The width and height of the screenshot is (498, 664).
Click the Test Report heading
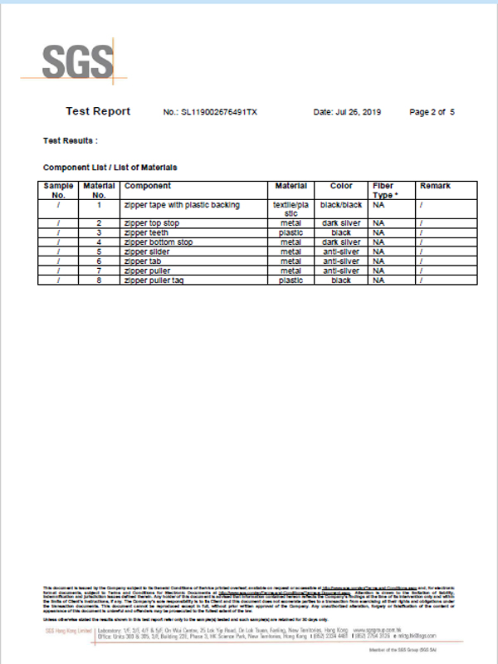point(98,110)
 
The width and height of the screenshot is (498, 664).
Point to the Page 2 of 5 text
point(432,111)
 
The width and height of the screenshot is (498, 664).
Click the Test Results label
point(71,140)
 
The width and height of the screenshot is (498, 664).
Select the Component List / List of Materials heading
point(110,168)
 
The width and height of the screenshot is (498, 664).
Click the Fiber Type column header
point(383,190)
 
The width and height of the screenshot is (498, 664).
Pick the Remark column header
point(435,186)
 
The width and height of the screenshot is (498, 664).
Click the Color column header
point(341,186)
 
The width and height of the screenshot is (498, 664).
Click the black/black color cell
point(341,204)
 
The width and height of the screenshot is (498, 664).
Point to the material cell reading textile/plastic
point(290,208)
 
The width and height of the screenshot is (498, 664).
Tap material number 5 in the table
point(99,251)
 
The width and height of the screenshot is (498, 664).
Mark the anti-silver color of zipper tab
point(341,261)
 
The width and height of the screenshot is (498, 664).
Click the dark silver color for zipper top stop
point(341,223)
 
